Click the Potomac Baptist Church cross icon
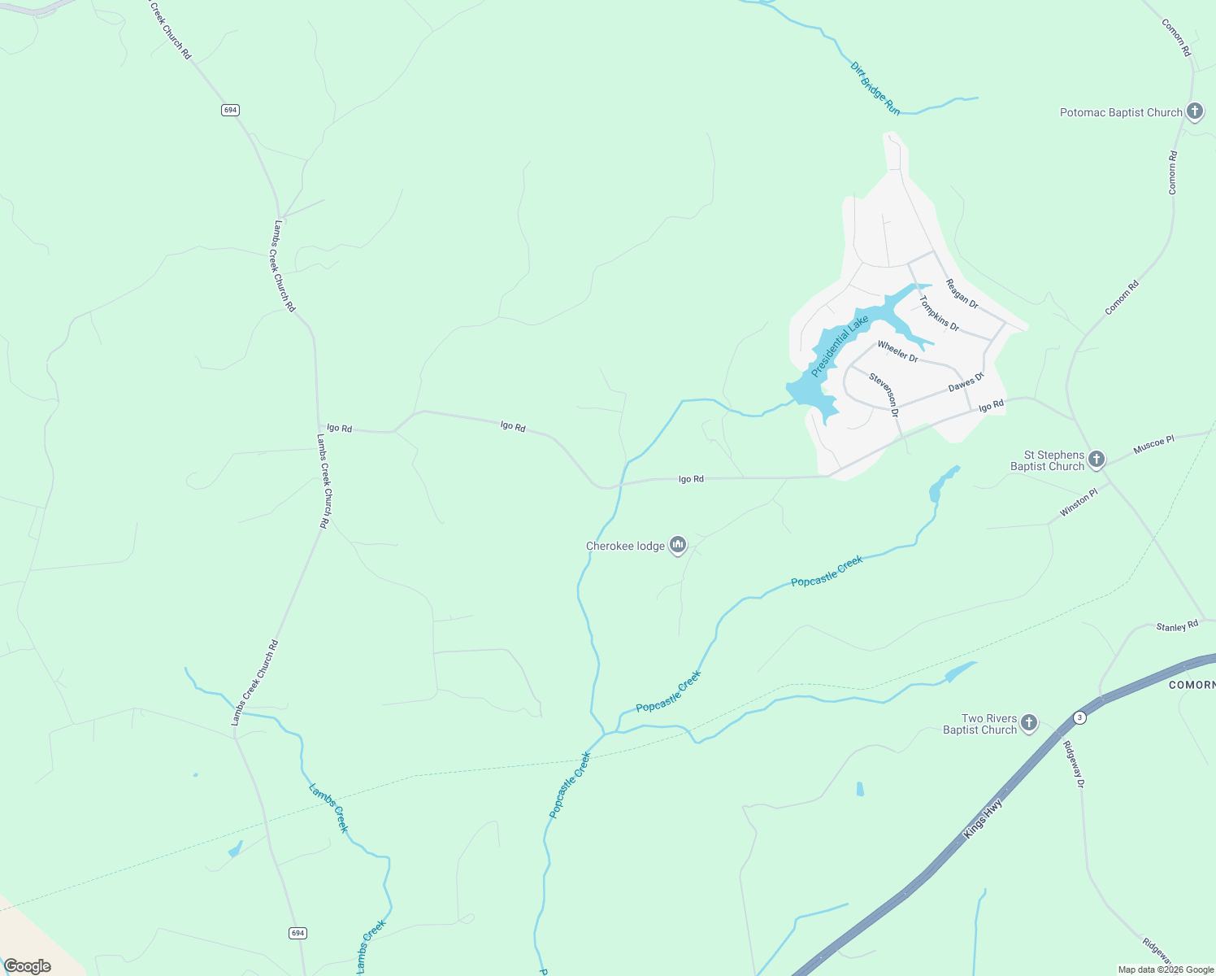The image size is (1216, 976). point(1194,111)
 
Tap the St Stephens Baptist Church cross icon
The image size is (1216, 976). point(1096,460)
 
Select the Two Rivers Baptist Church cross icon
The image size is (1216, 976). point(1029,723)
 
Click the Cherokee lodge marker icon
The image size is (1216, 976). point(678,546)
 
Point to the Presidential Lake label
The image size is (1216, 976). point(840,346)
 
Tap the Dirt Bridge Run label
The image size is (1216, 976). point(875,88)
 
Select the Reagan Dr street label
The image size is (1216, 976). point(962,294)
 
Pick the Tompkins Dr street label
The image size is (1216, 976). point(939,313)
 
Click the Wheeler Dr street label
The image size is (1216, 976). point(897,351)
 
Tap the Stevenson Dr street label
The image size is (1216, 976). point(884,394)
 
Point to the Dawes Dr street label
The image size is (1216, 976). point(966,382)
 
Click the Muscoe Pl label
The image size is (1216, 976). point(1154,445)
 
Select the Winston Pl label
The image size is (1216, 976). point(1079,503)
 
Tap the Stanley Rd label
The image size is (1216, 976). point(1177,626)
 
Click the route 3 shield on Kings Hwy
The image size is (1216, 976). point(1079,717)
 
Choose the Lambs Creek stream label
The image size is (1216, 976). point(328,808)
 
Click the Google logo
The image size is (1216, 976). point(28,966)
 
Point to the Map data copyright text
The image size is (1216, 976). point(1166,969)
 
